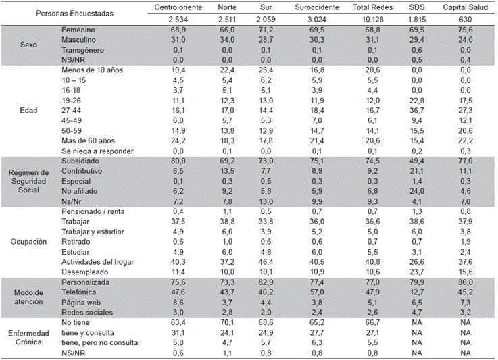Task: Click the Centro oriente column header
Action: pos(178,9)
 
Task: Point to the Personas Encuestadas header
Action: pos(75,14)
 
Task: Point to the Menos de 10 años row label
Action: pos(90,70)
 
